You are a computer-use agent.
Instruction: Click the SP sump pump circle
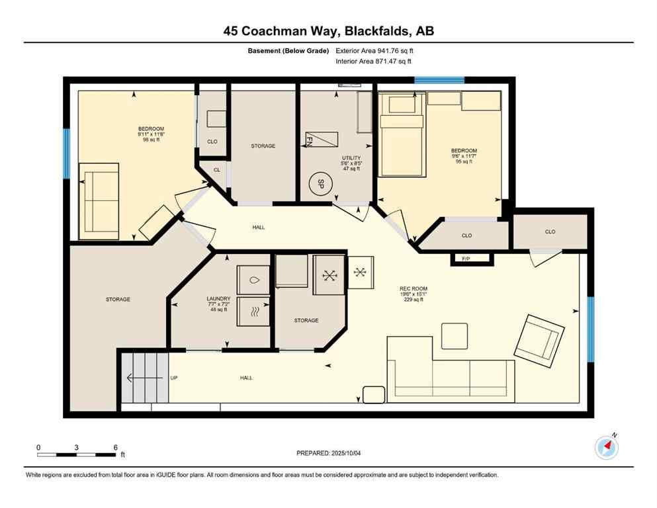tap(321, 183)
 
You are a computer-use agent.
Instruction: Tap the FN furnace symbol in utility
tap(321, 140)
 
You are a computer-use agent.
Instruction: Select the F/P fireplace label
tap(472, 259)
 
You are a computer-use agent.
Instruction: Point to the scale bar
tap(77, 454)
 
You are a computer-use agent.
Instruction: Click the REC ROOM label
tap(414, 292)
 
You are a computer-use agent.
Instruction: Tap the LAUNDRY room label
tap(218, 302)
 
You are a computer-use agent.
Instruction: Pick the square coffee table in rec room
tap(455, 335)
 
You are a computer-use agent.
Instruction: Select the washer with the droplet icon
tap(254, 279)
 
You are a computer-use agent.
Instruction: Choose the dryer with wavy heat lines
tap(254, 312)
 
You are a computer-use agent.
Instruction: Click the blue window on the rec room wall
tap(590, 320)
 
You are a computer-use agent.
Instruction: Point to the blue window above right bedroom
tap(439, 80)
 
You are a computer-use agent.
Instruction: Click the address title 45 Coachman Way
tap(328, 30)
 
